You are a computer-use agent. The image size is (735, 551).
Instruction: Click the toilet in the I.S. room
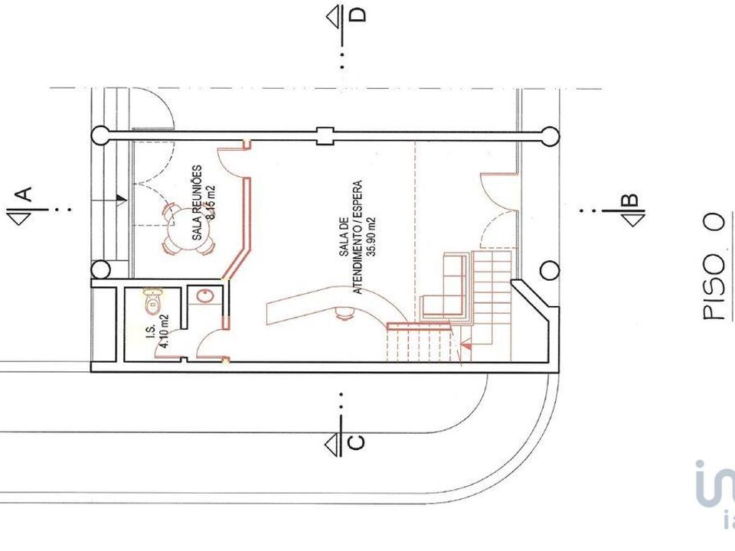[x=153, y=300]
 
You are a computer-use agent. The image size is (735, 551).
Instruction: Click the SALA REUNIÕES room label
[x=197, y=202]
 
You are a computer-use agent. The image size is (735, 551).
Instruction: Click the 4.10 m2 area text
[x=164, y=331]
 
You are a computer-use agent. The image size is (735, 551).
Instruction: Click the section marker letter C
[x=357, y=442]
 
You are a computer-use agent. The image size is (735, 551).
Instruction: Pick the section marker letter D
[x=358, y=15]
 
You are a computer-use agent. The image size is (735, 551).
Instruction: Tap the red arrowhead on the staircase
[x=467, y=346]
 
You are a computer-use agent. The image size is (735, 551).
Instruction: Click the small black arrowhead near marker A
[x=122, y=200]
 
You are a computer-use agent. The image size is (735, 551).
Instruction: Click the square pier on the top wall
[x=325, y=136]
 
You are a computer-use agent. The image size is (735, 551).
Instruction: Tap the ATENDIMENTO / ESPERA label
[x=358, y=237]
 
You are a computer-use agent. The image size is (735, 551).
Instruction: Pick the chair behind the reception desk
[x=345, y=313]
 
